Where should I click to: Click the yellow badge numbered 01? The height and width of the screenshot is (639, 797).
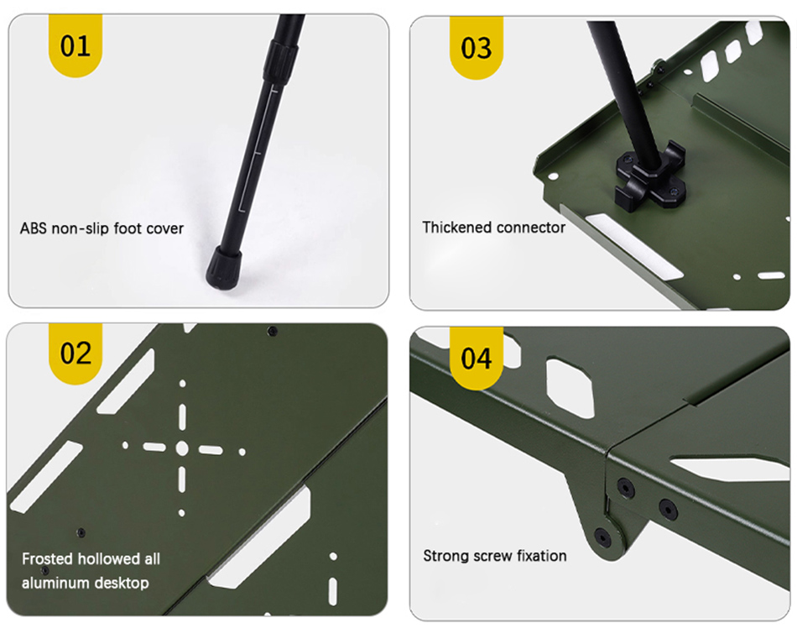tap(76, 46)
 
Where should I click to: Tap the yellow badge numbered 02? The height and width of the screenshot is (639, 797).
tap(76, 353)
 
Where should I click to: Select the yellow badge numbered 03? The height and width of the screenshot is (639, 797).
tap(477, 48)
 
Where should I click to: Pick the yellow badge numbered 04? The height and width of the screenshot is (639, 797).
tap(477, 359)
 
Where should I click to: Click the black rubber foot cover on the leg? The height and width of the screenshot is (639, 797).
tap(224, 268)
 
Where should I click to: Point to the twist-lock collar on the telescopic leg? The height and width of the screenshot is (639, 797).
tap(280, 60)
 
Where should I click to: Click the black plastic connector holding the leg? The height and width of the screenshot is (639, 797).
tap(650, 177)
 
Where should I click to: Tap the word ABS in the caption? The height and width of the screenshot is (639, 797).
tap(33, 228)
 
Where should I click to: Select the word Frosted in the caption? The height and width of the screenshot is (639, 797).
tap(47, 558)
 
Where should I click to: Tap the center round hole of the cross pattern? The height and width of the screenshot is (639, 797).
tap(182, 448)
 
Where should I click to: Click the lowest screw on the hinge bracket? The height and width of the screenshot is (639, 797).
tap(602, 537)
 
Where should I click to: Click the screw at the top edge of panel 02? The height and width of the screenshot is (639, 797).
tap(273, 331)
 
